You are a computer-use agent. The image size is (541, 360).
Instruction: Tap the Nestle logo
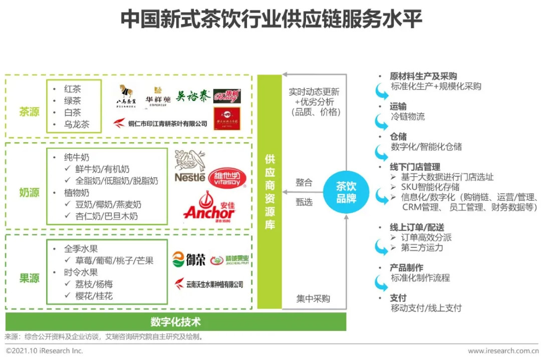[x=189, y=168]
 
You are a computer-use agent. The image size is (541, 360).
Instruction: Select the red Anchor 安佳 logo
[x=209, y=207]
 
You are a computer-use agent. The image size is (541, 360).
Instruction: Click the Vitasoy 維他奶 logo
[x=227, y=178]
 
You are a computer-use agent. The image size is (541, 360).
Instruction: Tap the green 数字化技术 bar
[x=175, y=321]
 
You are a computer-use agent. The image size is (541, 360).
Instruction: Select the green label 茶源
[x=29, y=111]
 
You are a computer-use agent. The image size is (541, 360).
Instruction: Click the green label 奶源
[x=29, y=192]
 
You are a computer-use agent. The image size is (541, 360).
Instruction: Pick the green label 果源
[x=29, y=278]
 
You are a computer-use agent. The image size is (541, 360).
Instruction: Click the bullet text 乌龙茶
[x=76, y=125]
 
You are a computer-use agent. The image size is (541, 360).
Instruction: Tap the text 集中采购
[x=313, y=299]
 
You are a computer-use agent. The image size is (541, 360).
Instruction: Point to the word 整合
[x=304, y=183]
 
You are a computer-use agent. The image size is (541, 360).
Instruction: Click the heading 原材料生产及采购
[x=423, y=76]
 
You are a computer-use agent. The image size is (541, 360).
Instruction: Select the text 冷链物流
[x=408, y=117]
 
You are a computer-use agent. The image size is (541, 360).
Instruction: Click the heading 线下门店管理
[x=415, y=167]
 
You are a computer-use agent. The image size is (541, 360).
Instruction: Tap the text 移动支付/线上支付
[x=426, y=308]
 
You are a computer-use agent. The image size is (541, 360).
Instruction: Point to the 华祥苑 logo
[x=158, y=95]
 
